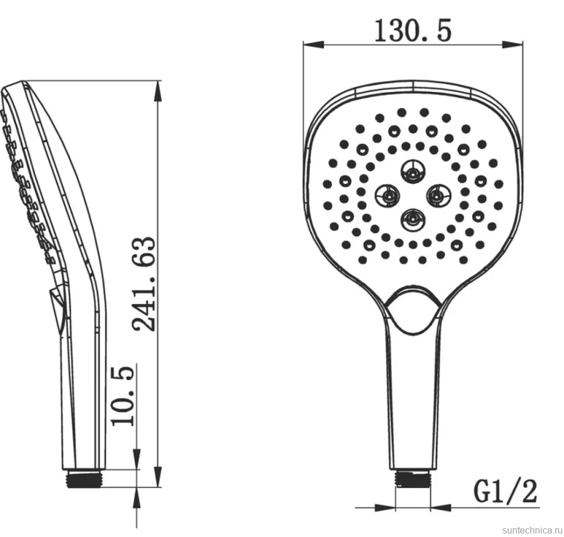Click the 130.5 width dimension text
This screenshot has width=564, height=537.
click(413, 31)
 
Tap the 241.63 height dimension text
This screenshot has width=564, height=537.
click(144, 284)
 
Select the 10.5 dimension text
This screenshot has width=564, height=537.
click(123, 396)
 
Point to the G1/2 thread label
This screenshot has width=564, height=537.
click(505, 491)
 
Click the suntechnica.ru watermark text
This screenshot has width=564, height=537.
click(532, 530)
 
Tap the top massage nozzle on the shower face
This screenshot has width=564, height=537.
click(413, 171)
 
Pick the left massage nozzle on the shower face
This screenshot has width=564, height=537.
click(387, 196)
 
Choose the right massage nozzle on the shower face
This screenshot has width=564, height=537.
click(438, 196)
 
